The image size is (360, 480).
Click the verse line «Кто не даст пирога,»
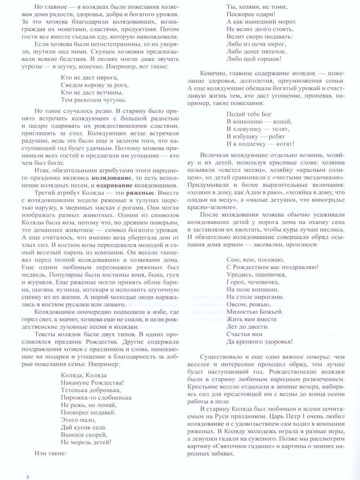click(x=90, y=77)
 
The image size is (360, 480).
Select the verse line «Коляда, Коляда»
click(x=84, y=376)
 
